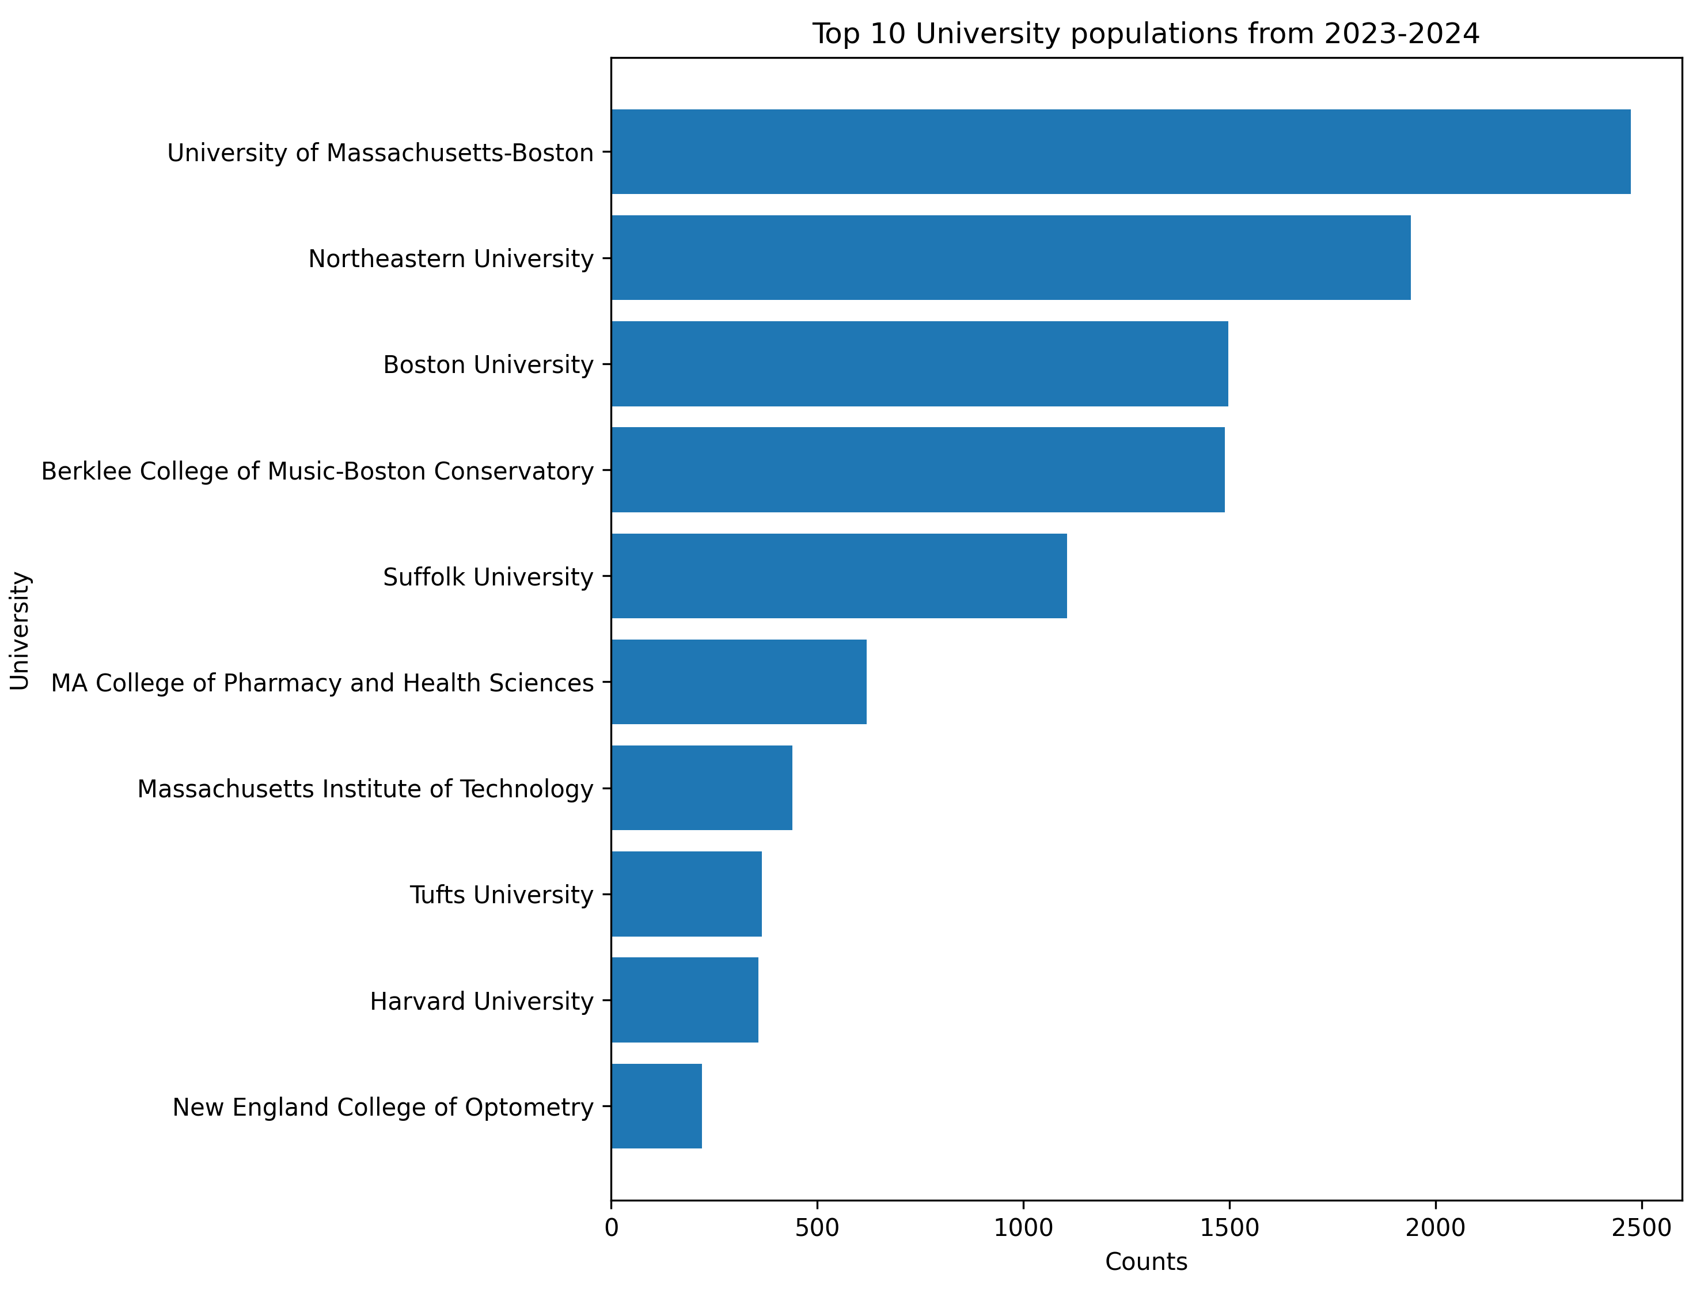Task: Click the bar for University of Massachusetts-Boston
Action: (1120, 152)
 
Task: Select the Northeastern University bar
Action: (1010, 258)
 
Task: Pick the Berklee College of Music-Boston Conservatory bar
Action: (917, 470)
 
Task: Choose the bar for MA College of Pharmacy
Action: (738, 682)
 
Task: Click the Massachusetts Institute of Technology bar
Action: (701, 788)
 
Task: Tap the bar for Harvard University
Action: (684, 1001)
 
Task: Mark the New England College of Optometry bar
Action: (656, 1106)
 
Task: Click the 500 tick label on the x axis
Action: (817, 1228)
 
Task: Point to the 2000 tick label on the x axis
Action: (1436, 1228)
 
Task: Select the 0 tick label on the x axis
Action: (611, 1228)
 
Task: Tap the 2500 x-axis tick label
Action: (1641, 1228)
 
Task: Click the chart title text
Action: (1145, 34)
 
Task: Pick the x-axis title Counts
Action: (1145, 1262)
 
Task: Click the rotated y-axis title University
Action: (20, 630)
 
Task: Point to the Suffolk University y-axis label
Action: (488, 577)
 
